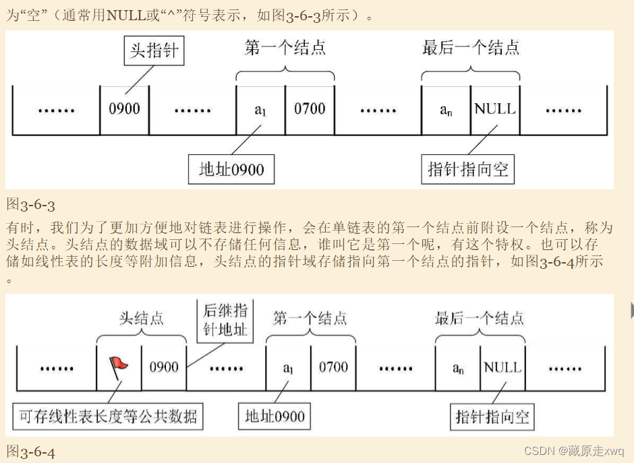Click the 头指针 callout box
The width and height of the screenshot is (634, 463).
(x=154, y=51)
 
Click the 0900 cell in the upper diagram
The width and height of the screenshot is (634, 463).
(x=125, y=109)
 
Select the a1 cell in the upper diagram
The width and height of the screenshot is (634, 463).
(x=261, y=109)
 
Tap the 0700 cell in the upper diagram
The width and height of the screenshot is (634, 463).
(x=310, y=109)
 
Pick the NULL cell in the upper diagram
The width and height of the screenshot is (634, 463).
(x=495, y=109)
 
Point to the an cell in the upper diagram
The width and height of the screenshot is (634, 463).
(x=446, y=109)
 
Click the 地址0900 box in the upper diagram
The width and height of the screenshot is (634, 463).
(x=231, y=169)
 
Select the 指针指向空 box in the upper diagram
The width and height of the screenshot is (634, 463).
(x=468, y=169)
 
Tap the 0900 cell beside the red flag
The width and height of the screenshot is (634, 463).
(x=164, y=367)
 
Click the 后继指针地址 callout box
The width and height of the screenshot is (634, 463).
(x=225, y=321)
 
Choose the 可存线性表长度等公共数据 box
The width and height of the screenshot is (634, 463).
(x=108, y=416)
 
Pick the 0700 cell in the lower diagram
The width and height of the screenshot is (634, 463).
(x=334, y=367)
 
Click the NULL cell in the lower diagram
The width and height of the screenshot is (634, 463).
(x=503, y=367)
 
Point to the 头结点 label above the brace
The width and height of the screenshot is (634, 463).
(x=142, y=318)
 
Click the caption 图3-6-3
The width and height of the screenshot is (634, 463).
(x=31, y=205)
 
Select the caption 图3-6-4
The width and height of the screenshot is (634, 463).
(x=31, y=452)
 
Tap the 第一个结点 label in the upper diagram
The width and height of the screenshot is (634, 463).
(x=285, y=48)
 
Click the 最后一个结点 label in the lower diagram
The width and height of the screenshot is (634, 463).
(x=480, y=318)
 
